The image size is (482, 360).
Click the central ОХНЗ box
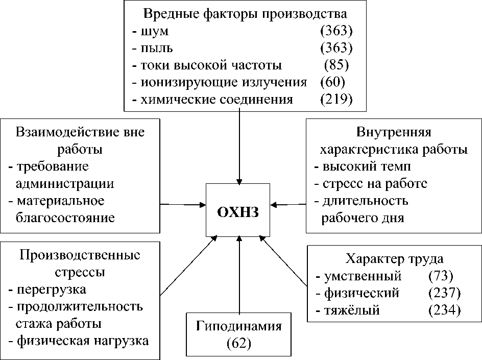pyautogui.click(x=239, y=210)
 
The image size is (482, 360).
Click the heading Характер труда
pyautogui.click(x=394, y=258)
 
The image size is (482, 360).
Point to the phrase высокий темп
pyautogui.click(x=367, y=166)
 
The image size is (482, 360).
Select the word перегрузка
pyautogui.click(x=51, y=290)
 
